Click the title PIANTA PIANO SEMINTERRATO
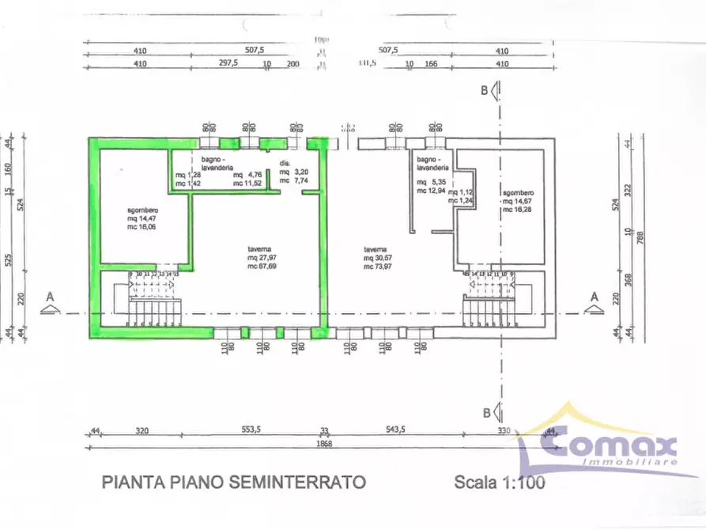click(x=233, y=481)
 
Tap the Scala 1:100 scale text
click(x=500, y=481)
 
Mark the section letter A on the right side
click(x=593, y=296)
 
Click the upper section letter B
click(x=485, y=90)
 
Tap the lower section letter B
click(x=485, y=411)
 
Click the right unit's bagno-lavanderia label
click(x=432, y=165)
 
